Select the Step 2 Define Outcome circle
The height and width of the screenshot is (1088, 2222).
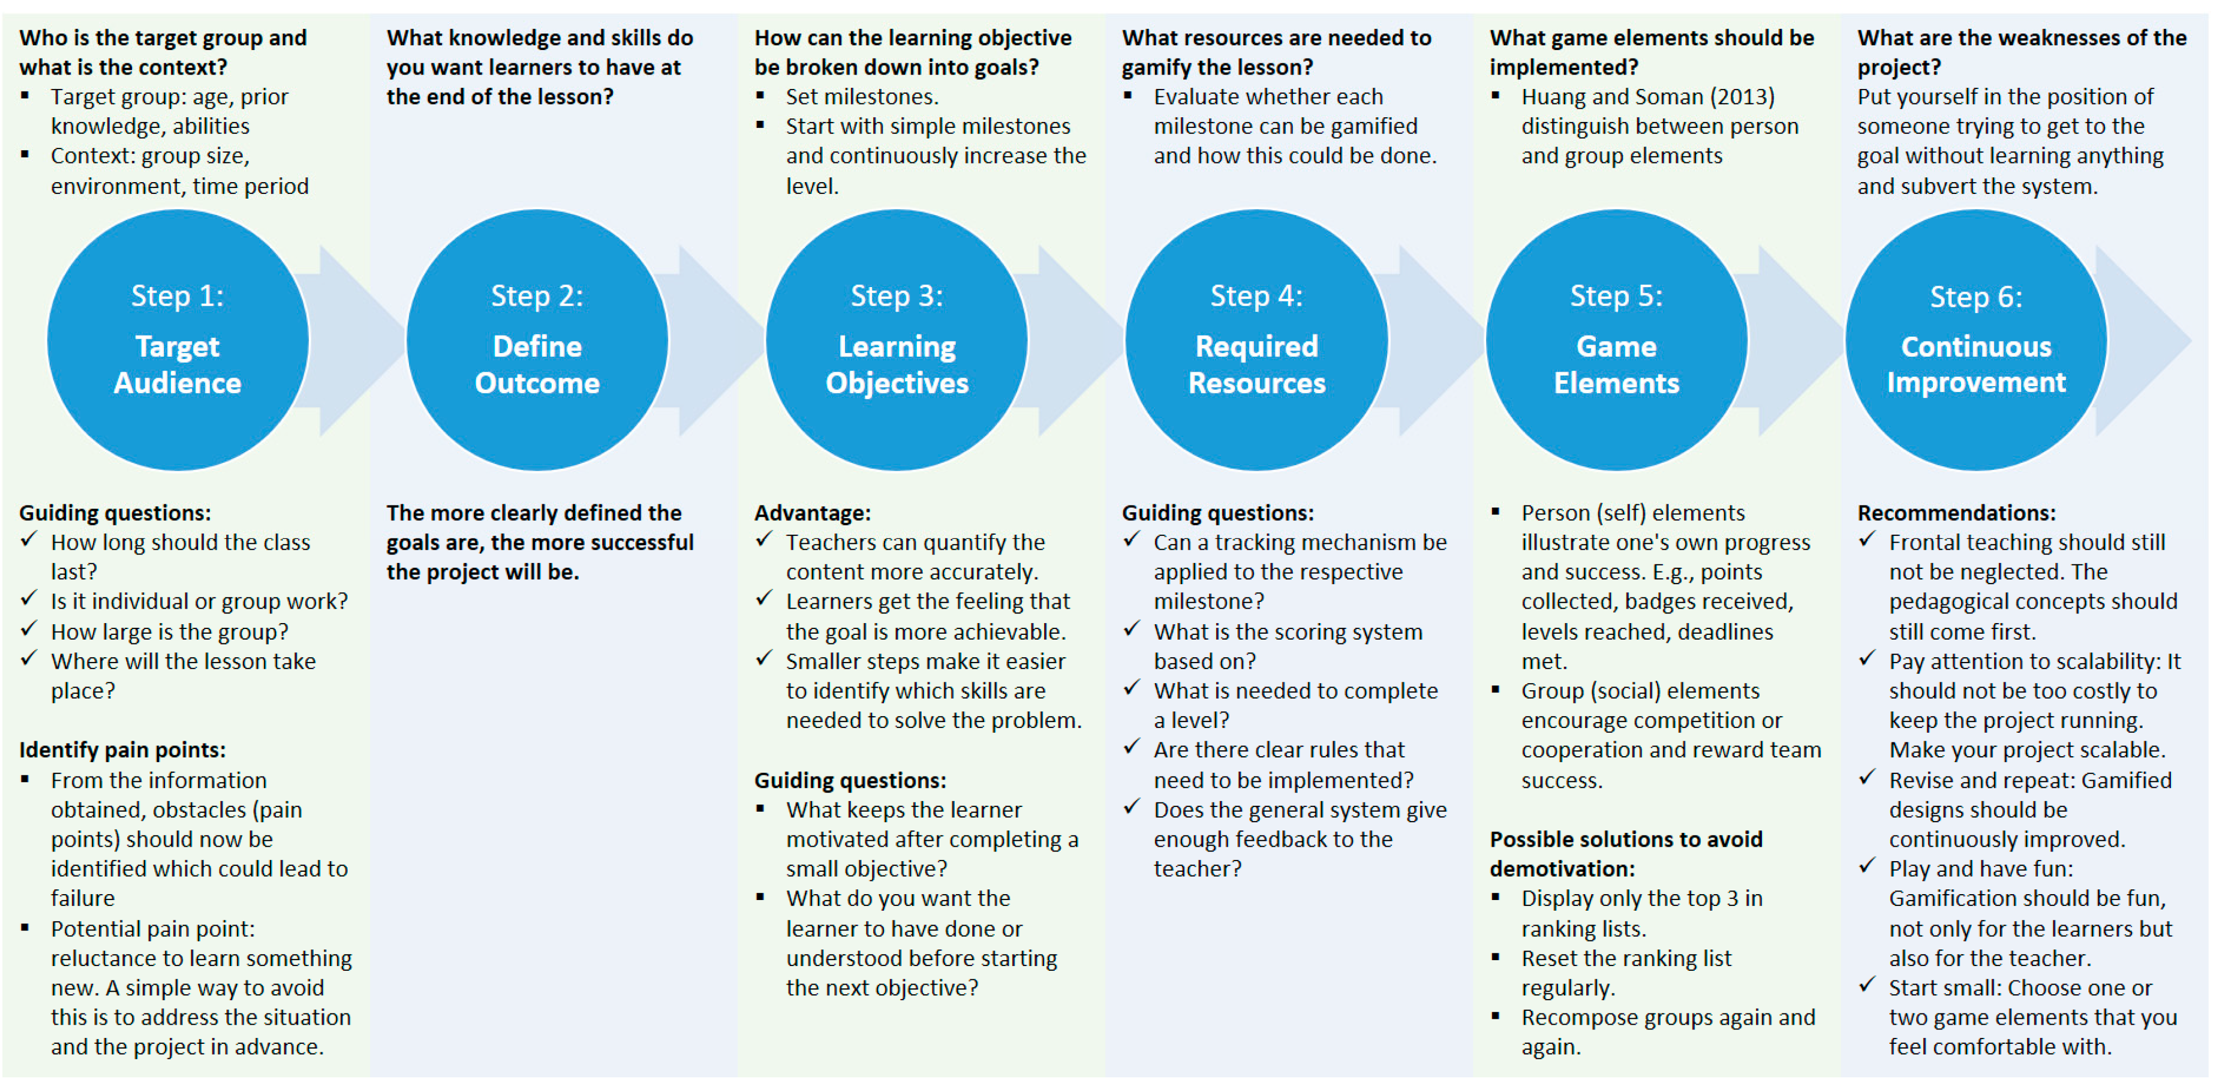[537, 340]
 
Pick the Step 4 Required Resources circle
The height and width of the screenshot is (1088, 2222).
[1256, 340]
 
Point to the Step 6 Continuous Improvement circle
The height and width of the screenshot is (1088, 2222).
[1975, 340]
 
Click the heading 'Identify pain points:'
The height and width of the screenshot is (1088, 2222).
[122, 750]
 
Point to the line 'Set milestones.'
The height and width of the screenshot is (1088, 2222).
[862, 96]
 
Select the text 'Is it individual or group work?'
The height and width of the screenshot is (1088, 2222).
[199, 601]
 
